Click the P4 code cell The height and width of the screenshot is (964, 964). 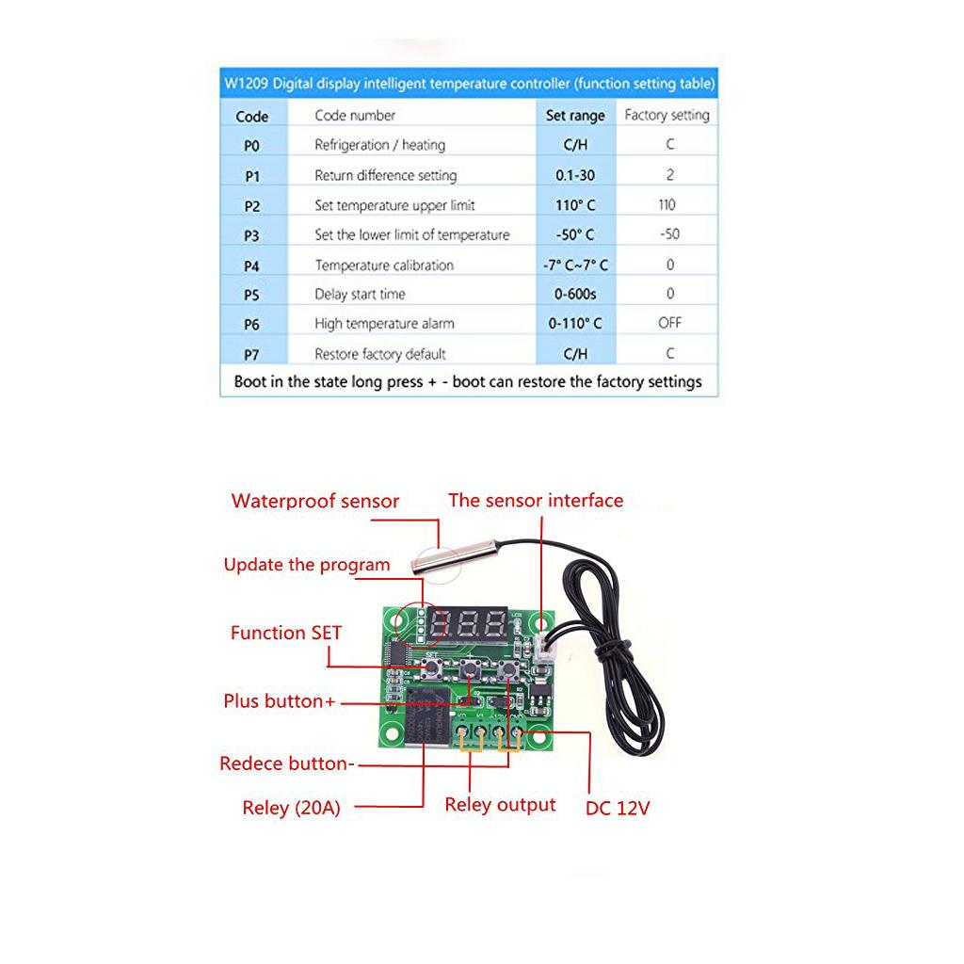[251, 265]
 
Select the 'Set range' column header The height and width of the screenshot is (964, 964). [575, 116]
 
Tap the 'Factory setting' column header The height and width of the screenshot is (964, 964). [667, 115]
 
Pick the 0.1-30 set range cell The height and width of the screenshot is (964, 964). [575, 175]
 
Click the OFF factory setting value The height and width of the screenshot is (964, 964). [670, 323]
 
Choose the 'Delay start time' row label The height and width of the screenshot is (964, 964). [360, 295]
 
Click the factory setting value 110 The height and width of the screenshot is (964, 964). [667, 204]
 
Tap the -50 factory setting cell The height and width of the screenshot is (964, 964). [669, 234]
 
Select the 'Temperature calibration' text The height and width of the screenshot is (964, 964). [384, 265]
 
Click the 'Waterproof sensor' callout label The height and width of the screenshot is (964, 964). [315, 502]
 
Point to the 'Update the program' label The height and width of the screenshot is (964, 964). [306, 565]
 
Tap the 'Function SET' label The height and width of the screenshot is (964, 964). [286, 633]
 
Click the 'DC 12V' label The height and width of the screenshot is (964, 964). [618, 808]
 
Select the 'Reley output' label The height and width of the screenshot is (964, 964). [500, 805]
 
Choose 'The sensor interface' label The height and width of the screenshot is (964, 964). [536, 501]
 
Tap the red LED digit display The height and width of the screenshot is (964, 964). [468, 622]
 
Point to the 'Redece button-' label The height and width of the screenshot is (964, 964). [287, 763]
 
